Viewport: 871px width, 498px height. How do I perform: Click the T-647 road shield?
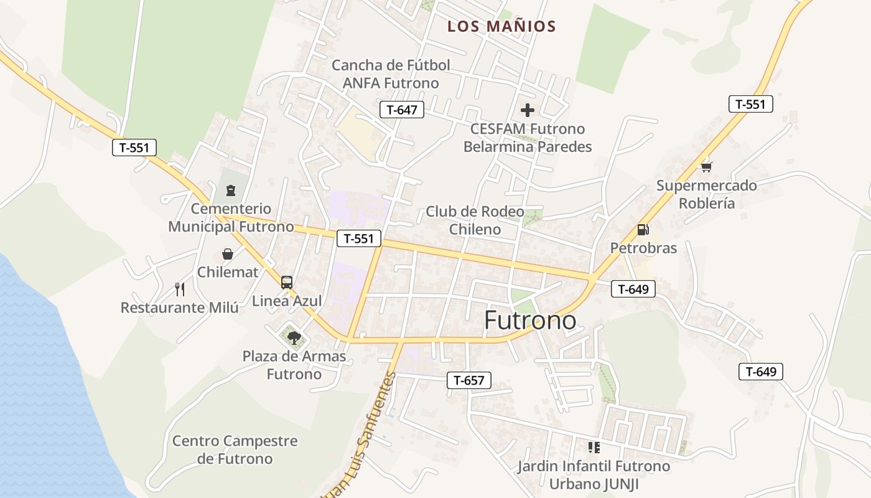point(401,110)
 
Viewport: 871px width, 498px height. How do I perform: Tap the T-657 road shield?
point(469,380)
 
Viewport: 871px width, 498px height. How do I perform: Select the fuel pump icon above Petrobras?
point(643,230)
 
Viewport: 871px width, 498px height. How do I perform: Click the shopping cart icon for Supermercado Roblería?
point(706,167)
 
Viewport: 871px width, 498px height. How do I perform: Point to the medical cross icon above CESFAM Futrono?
point(528,111)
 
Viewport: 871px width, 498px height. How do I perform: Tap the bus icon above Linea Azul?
point(287,282)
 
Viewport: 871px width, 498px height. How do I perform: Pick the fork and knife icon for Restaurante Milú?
point(180,289)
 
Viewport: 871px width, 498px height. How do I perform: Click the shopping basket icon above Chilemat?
point(228,254)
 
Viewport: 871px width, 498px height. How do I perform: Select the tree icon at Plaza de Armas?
point(294,338)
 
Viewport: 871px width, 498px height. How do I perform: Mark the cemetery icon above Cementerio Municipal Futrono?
point(231,190)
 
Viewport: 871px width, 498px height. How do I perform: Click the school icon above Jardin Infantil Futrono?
point(594,448)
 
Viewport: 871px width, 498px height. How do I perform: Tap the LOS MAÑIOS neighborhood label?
point(501,27)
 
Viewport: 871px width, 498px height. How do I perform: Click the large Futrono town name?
point(530,321)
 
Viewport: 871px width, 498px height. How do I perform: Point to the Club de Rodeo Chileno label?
point(475,220)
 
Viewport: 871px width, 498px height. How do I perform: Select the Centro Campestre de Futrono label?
point(235,450)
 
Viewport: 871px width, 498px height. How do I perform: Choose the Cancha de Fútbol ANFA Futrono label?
point(391,74)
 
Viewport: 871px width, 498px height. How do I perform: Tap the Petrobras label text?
point(643,248)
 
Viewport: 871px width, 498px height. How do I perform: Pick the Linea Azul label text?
point(287,301)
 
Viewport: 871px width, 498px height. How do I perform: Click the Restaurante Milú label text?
point(179,308)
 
